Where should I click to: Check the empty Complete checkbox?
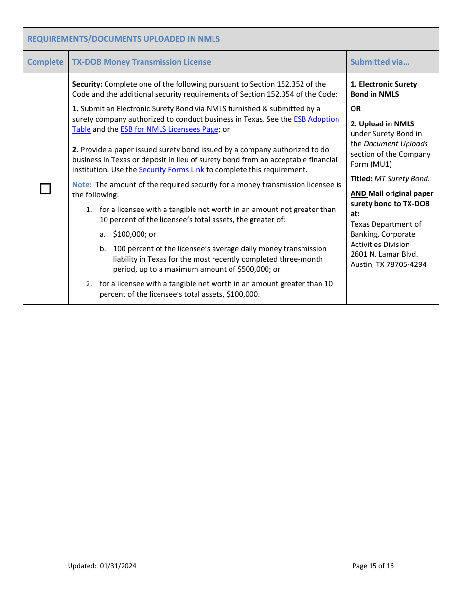(45, 189)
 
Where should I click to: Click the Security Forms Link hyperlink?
(171, 170)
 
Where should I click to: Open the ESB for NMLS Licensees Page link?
(169, 129)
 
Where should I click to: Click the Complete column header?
(45, 62)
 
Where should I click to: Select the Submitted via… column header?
(379, 62)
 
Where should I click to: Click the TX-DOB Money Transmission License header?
(142, 62)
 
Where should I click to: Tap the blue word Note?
(82, 185)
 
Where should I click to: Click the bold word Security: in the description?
(87, 84)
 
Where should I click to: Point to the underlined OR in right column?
(355, 109)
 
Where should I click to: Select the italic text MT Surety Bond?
(402, 179)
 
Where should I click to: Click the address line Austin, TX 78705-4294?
(388, 264)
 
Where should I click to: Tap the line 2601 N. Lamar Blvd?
(384, 254)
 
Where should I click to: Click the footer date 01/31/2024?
(118, 566)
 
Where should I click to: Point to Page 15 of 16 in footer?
(373, 566)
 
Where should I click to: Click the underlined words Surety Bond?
(393, 134)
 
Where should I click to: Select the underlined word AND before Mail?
(358, 193)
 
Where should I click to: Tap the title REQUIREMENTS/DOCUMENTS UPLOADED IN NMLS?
(124, 39)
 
